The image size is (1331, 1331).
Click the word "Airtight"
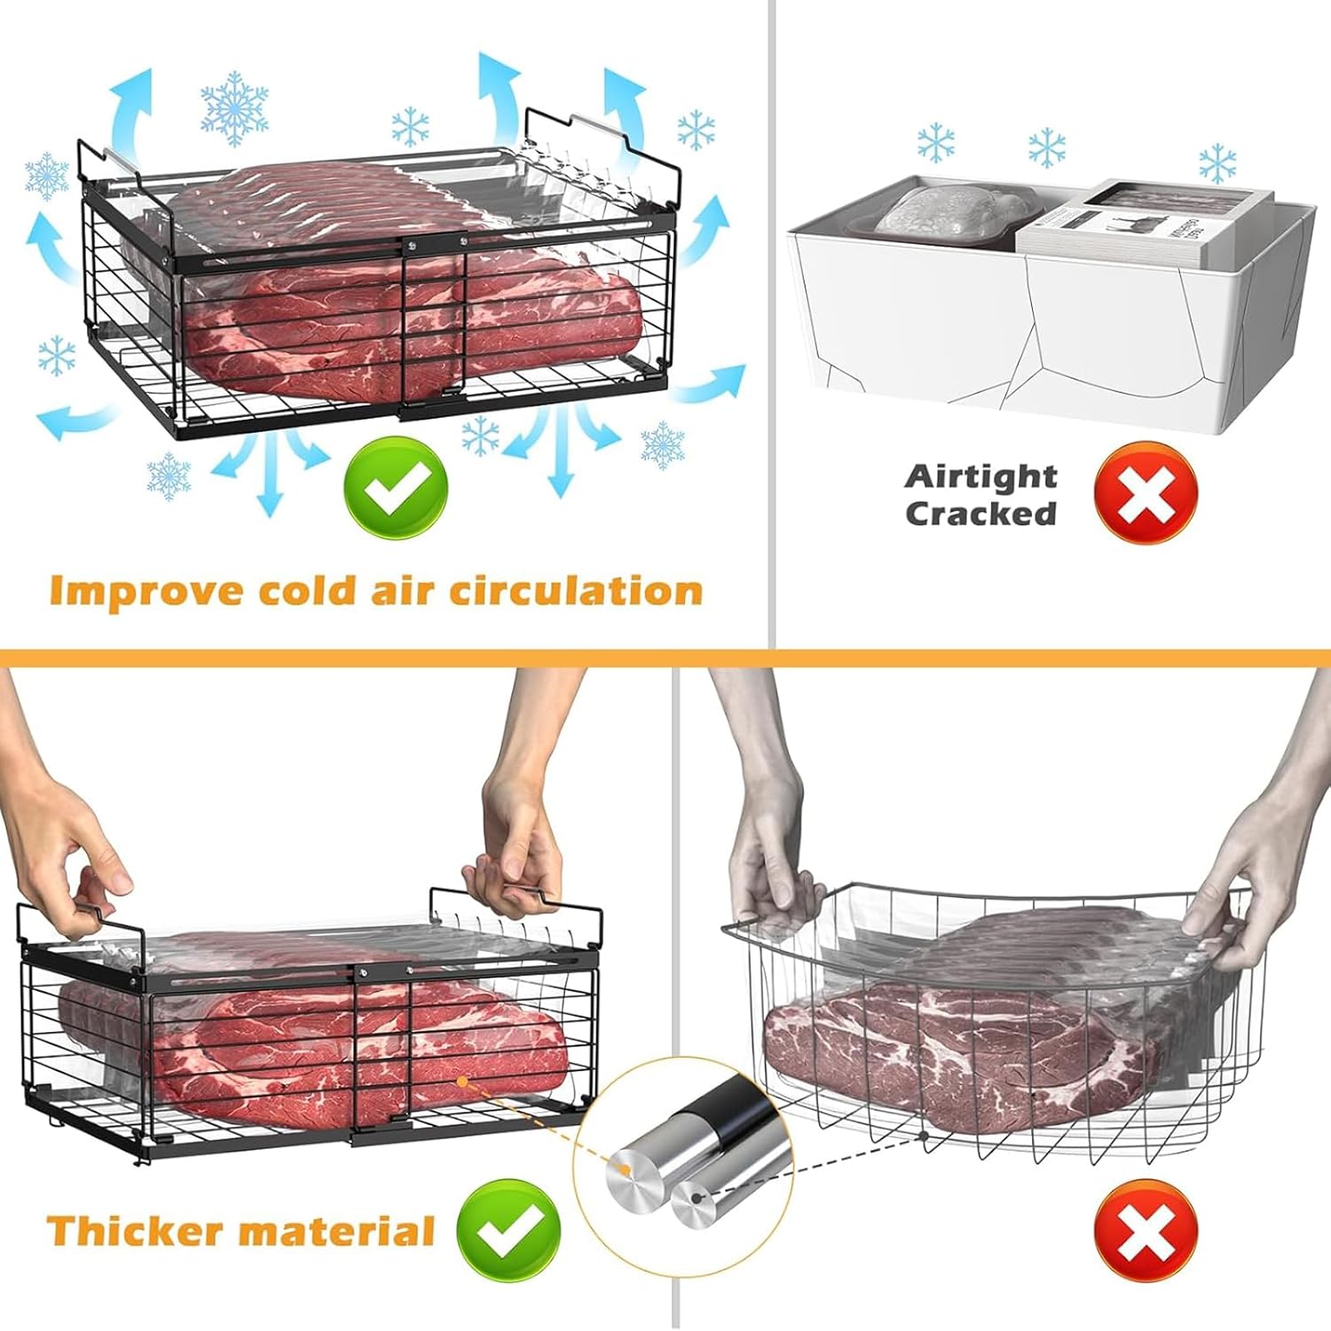[981, 477]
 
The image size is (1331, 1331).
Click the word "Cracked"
[981, 514]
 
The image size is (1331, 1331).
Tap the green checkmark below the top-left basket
[397, 486]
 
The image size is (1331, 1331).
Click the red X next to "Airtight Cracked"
[1146, 494]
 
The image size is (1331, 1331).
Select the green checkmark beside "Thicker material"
[508, 1230]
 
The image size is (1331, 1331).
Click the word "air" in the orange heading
[406, 591]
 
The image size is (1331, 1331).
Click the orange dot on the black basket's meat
[461, 1082]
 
